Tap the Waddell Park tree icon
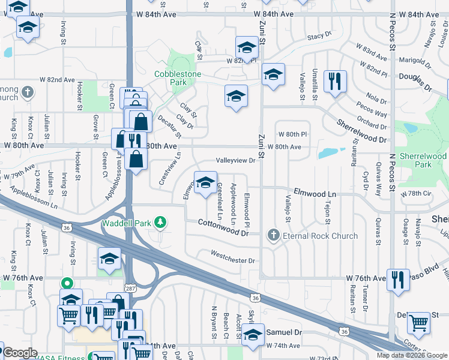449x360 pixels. (x=160, y=223)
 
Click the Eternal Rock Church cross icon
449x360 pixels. (x=274, y=235)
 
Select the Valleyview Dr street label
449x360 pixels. (x=236, y=161)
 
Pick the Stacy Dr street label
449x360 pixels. (x=319, y=37)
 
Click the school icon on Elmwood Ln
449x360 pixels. (x=205, y=182)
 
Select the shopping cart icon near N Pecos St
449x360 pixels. (x=418, y=322)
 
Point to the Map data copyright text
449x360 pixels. (x=411, y=355)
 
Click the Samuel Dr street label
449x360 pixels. (x=284, y=332)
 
